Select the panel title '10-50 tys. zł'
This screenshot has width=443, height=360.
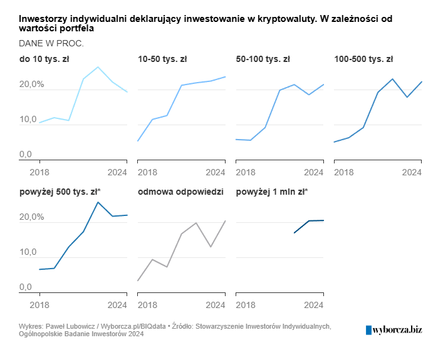tap(162, 60)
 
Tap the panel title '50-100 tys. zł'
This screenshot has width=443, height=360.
tap(263, 60)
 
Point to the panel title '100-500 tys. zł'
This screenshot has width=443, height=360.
tap(363, 60)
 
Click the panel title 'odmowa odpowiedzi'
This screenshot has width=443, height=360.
tap(180, 192)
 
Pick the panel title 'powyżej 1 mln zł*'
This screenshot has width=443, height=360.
tap(272, 192)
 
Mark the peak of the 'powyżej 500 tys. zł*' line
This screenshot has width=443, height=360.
tap(98, 202)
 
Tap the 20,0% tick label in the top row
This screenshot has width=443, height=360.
tap(31, 85)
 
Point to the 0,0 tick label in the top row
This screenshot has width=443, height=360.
tap(25, 154)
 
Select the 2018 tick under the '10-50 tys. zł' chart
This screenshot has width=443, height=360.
tap(147, 172)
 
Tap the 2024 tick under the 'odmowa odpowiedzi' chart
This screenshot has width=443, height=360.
tap(216, 305)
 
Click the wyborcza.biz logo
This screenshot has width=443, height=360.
tap(393, 329)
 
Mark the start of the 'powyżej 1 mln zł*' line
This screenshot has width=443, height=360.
tap(294, 233)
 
